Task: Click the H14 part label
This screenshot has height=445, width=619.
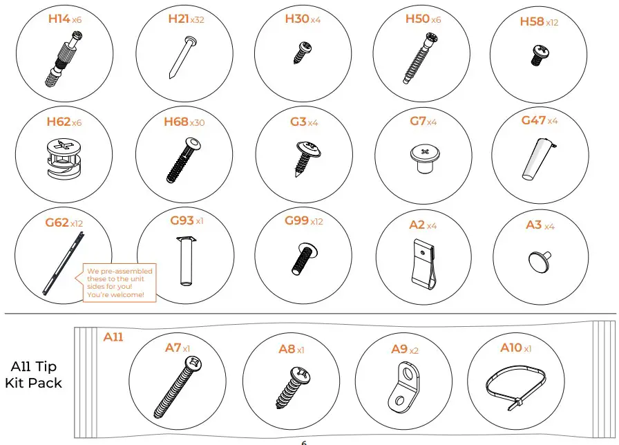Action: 59,19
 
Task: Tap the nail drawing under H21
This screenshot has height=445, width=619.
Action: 182,56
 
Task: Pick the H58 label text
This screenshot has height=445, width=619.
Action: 531,22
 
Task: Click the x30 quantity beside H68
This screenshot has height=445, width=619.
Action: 198,123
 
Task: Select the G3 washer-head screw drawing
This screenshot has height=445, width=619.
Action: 304,157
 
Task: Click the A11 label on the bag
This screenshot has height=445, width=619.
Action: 113,337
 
